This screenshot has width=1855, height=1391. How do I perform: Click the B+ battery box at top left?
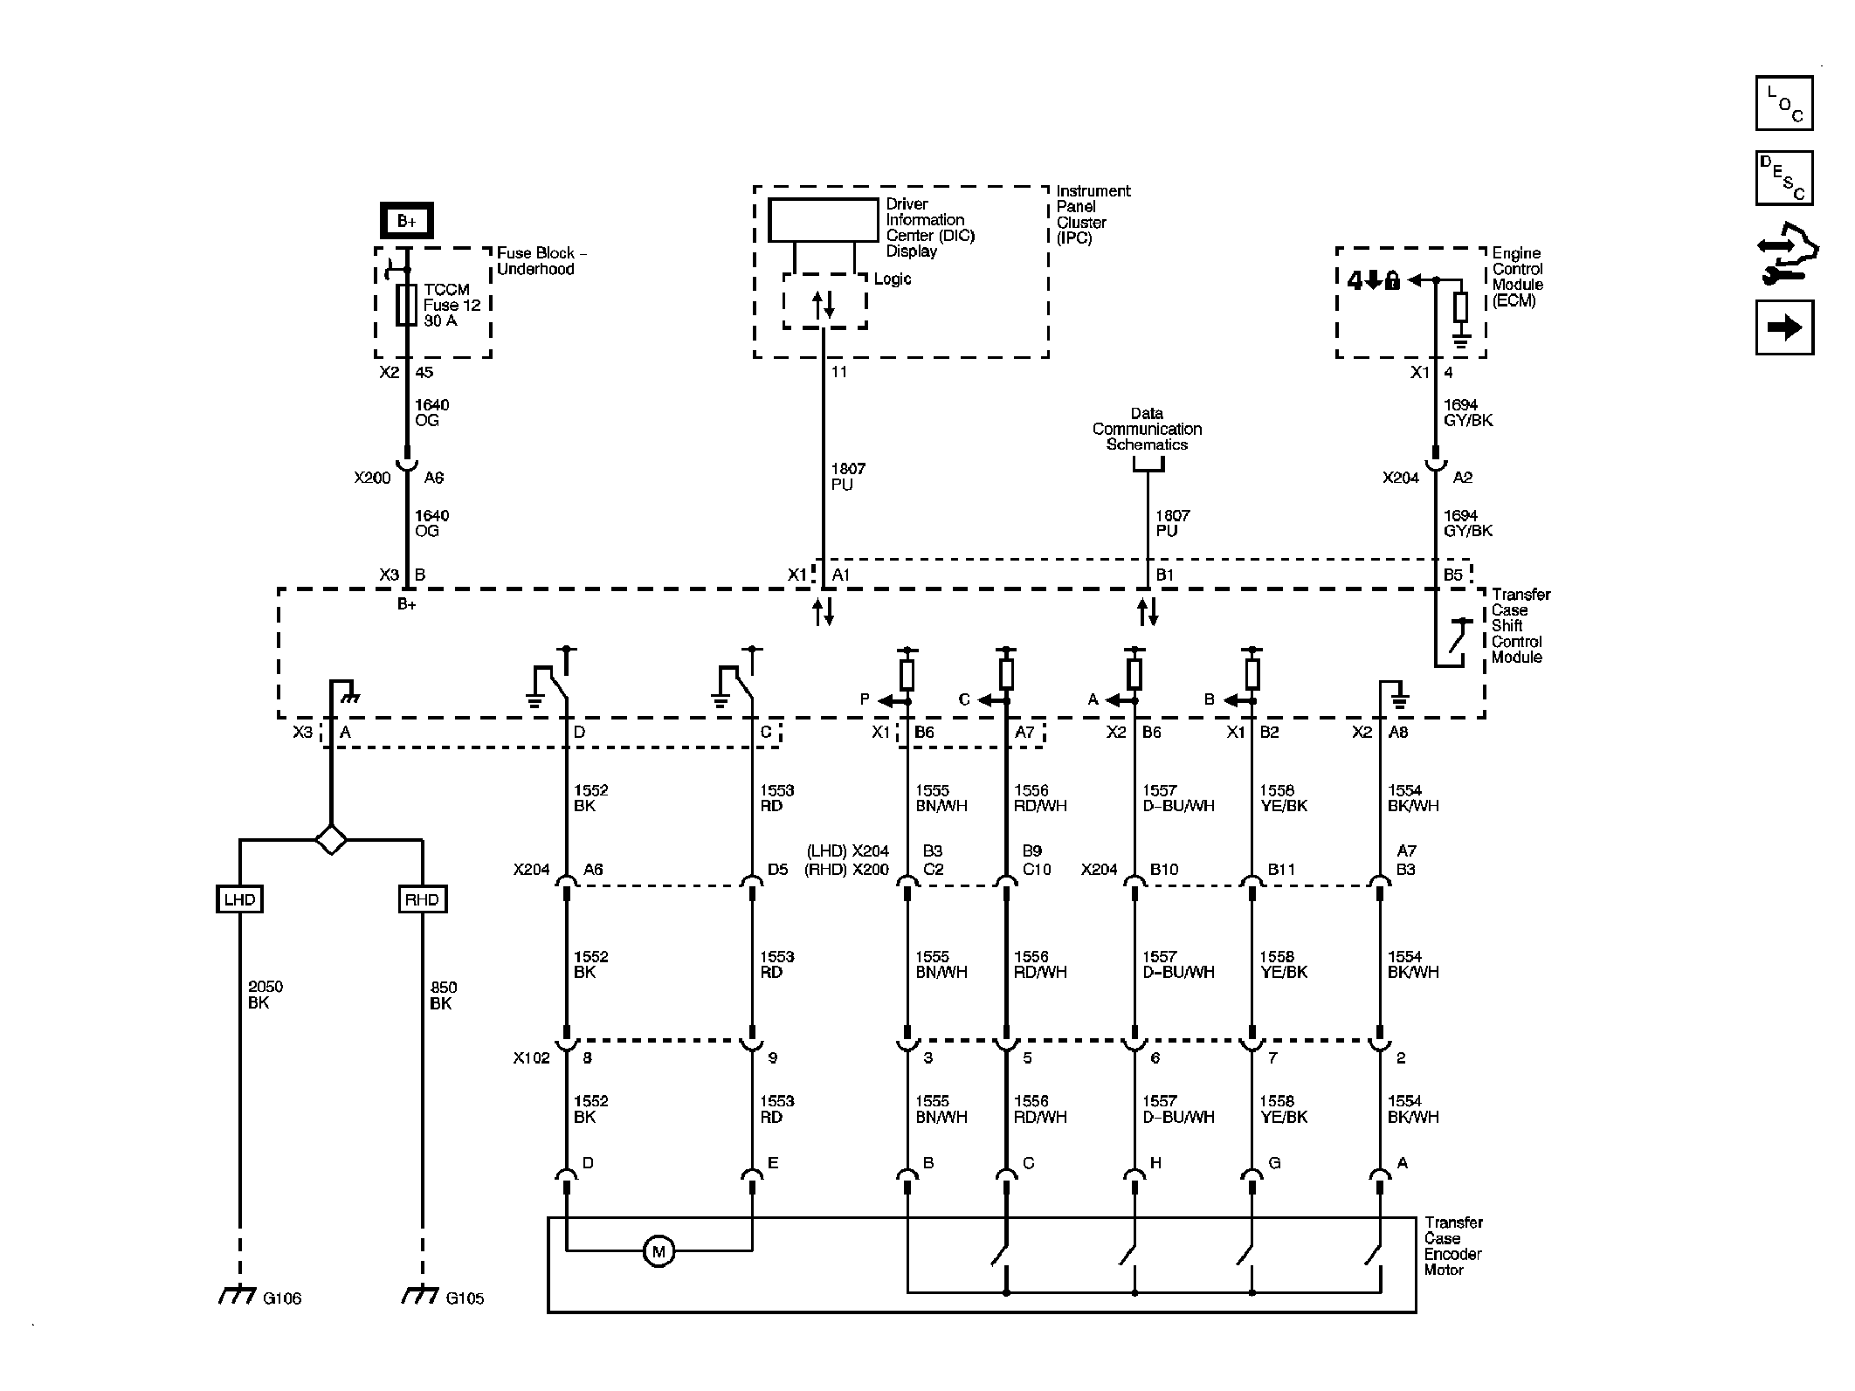(x=406, y=221)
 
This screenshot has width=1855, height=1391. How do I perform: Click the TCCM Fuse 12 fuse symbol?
(x=406, y=305)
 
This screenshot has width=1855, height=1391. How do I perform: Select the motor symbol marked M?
(x=659, y=1251)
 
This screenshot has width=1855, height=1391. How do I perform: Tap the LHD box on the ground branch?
(x=239, y=899)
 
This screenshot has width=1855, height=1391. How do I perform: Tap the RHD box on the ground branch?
(x=423, y=899)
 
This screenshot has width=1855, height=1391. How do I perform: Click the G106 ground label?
(x=281, y=1298)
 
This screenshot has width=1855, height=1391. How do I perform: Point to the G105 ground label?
(x=464, y=1298)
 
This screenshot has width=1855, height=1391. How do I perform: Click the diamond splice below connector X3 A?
(x=331, y=840)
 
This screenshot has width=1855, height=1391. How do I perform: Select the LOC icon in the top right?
(x=1783, y=103)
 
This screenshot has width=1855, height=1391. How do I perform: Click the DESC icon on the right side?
(x=1783, y=178)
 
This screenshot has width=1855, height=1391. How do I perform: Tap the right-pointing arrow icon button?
(x=1783, y=327)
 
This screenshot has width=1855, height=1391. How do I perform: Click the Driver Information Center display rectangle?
(x=823, y=220)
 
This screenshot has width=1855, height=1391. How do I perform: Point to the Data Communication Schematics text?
(x=1147, y=429)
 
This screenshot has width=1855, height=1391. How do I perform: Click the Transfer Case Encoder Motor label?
(x=1453, y=1246)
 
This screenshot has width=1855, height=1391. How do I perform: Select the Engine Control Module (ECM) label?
(x=1517, y=277)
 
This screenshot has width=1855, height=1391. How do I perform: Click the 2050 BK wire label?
(x=265, y=995)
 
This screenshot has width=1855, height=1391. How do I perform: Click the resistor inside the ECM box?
(x=1460, y=307)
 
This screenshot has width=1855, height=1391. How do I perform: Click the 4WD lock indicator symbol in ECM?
(x=1374, y=280)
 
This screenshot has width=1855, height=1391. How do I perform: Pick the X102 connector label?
(x=531, y=1058)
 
